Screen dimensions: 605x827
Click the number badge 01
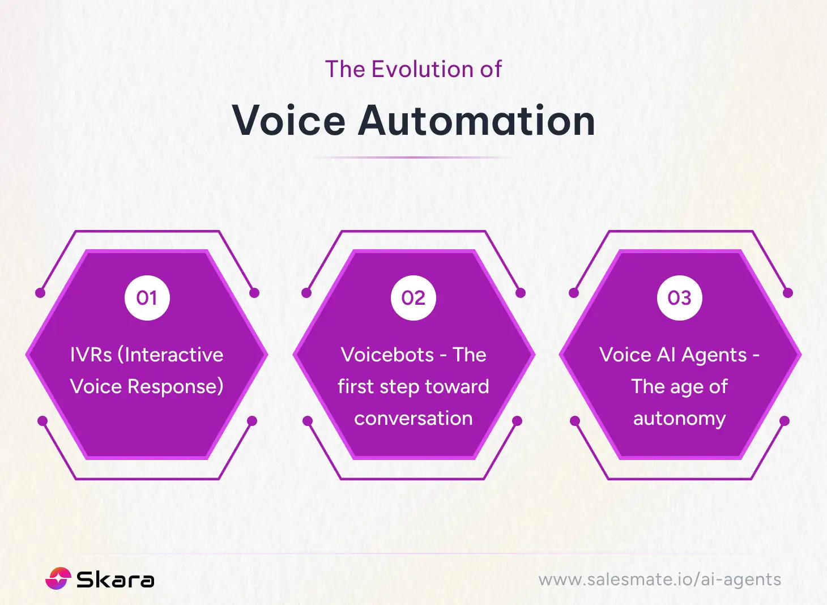point(147,298)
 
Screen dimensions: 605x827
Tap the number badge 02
point(413,298)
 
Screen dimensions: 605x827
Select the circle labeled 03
point(680,298)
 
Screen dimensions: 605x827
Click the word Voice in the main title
point(288,121)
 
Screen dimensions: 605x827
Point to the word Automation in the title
point(476,121)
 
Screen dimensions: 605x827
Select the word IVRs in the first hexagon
point(91,355)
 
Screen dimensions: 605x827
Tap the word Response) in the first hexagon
point(175,386)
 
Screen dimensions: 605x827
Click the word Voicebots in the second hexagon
point(387,355)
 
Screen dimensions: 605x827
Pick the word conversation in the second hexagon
point(413,418)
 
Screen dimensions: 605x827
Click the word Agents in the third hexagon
point(714,355)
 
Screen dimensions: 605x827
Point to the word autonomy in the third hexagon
point(679,419)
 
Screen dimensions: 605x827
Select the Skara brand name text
point(115,579)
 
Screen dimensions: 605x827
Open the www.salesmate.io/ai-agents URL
point(659,580)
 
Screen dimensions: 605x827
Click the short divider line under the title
point(413,157)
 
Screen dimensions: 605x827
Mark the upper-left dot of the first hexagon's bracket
point(40,293)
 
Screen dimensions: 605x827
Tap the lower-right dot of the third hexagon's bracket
point(785,421)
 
